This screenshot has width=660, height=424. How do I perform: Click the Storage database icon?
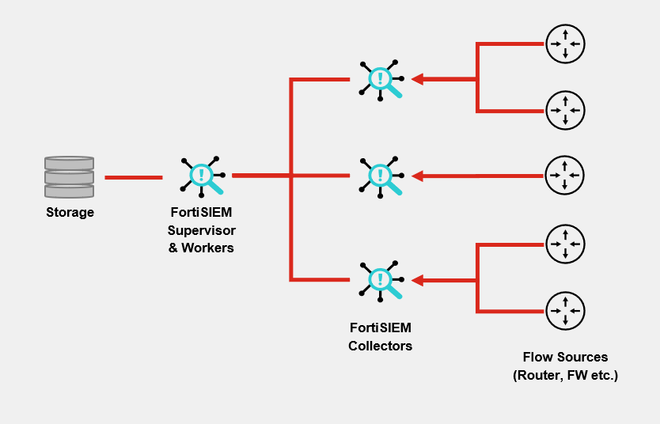69,177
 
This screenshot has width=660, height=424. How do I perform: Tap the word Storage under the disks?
70,212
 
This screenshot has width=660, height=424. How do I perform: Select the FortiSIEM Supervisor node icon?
203,175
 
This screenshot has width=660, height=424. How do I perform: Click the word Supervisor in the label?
202,230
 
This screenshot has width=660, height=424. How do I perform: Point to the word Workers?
208,248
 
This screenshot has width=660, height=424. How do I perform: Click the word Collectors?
380,346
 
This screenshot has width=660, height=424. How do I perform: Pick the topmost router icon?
565,44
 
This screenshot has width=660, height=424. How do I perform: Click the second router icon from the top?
565,110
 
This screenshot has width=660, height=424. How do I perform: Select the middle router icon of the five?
565,176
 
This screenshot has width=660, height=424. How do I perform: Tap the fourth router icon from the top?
565,244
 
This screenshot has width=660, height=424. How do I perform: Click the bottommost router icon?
565,311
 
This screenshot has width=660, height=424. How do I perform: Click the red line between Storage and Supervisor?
133,177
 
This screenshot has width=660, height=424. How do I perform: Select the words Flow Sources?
564,358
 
